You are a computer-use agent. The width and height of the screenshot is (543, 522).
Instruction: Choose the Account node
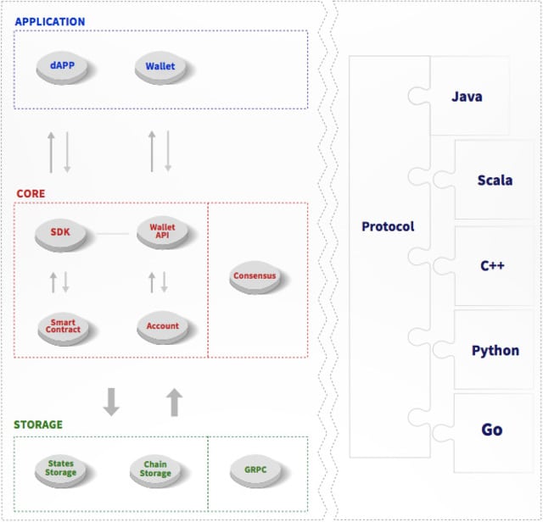pyautogui.click(x=162, y=326)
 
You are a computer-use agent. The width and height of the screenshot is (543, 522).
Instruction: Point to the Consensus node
pyautogui.click(x=255, y=277)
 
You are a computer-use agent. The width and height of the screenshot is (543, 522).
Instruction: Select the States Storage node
pyautogui.click(x=60, y=469)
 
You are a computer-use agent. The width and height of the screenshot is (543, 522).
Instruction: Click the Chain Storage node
pyautogui.click(x=155, y=469)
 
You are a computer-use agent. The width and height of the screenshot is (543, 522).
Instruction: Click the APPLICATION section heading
pyautogui.click(x=50, y=21)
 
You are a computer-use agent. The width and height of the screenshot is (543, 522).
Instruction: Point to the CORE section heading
pyautogui.click(x=31, y=194)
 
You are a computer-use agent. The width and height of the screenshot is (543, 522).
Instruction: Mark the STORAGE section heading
pyautogui.click(x=38, y=425)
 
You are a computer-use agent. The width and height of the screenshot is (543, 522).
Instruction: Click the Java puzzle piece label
pyautogui.click(x=467, y=97)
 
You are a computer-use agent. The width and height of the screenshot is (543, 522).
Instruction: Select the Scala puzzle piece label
pyautogui.click(x=495, y=180)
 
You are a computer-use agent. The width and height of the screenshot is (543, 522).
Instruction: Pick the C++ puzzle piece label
pyautogui.click(x=492, y=265)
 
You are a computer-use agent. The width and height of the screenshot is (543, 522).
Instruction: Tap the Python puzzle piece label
pyautogui.click(x=495, y=350)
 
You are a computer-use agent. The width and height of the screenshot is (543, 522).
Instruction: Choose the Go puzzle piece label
pyautogui.click(x=492, y=430)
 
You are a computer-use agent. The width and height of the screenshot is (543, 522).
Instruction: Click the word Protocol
pyautogui.click(x=388, y=226)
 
